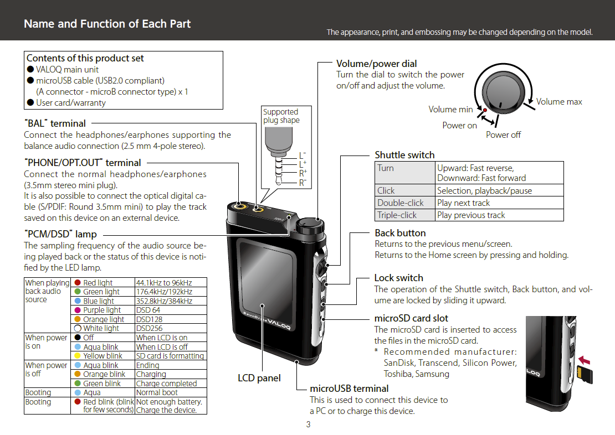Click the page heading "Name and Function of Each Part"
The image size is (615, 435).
point(107,24)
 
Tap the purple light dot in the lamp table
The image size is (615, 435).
point(78,310)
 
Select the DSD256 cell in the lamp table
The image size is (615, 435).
point(171,328)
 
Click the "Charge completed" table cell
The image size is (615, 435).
point(171,384)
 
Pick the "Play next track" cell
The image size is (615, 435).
point(499,203)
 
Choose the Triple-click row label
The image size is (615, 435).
point(405,215)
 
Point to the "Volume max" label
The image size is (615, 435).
point(559,102)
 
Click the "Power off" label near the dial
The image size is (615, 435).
point(503,135)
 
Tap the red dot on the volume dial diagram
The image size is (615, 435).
point(485,111)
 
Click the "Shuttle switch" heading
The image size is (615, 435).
point(404,155)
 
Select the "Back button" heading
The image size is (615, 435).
point(400,233)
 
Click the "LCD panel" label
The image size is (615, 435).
point(259,378)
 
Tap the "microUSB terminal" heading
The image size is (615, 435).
point(349,389)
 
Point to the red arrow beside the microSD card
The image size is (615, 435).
point(585,360)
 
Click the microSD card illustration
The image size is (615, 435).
point(585,375)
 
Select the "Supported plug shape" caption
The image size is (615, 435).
point(281,116)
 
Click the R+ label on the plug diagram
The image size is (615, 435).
point(303,173)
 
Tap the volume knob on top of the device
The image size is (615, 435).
point(310,226)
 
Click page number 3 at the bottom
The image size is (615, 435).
point(308,424)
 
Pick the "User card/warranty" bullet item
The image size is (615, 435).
point(66,103)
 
